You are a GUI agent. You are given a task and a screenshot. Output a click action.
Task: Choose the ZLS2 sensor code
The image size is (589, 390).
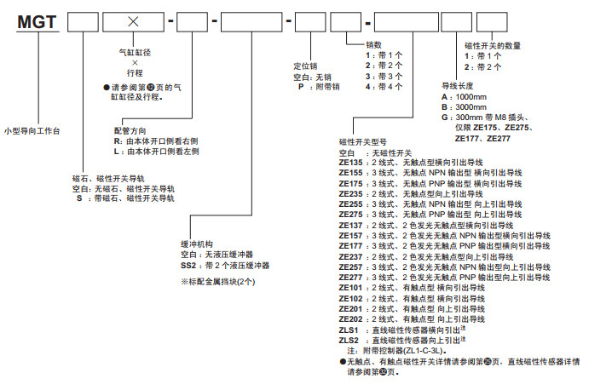(x=349, y=339)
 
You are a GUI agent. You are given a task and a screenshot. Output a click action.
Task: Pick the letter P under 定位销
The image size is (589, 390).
(x=300, y=87)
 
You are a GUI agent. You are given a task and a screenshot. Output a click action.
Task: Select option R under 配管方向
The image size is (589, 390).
(x=117, y=141)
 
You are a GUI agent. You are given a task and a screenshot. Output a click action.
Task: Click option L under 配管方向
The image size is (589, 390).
(x=117, y=151)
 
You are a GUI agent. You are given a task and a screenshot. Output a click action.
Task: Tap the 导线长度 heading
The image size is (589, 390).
(x=456, y=86)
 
